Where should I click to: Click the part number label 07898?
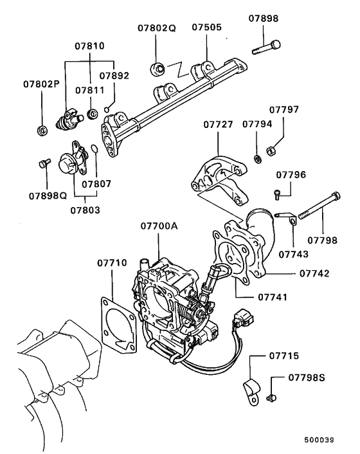click(264, 20)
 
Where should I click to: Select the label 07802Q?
click(156, 29)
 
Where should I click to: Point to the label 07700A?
click(158, 227)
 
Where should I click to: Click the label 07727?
click(219, 124)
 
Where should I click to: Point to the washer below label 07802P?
click(42, 132)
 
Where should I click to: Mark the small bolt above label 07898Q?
click(44, 163)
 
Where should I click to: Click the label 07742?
click(314, 273)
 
